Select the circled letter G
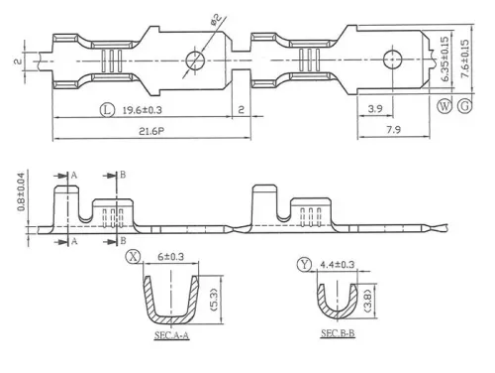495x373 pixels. [x=465, y=104]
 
